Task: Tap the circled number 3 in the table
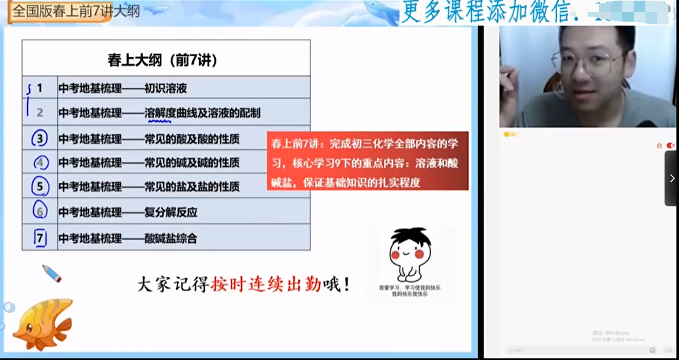(40, 138)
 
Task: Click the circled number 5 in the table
(40, 187)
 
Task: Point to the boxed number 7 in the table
(40, 238)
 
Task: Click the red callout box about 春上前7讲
(367, 161)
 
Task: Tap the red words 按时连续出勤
(265, 285)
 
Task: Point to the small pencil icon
(52, 273)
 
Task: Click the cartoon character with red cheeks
(410, 253)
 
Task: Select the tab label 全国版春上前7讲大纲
(76, 11)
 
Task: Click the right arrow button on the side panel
(672, 178)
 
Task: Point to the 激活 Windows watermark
(611, 333)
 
